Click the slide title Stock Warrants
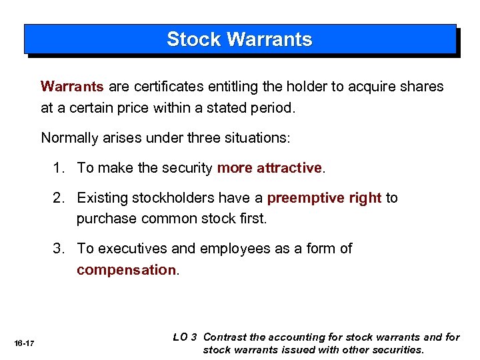[x=239, y=39]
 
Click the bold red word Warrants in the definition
[x=72, y=87]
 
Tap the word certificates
[x=168, y=87]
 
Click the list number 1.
[x=59, y=168]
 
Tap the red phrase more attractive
[x=270, y=168]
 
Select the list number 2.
[x=59, y=198]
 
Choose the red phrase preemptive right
[x=324, y=198]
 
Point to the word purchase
[x=104, y=218]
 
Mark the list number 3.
[x=59, y=249]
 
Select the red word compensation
[x=126, y=269]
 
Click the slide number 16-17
[x=24, y=343]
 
